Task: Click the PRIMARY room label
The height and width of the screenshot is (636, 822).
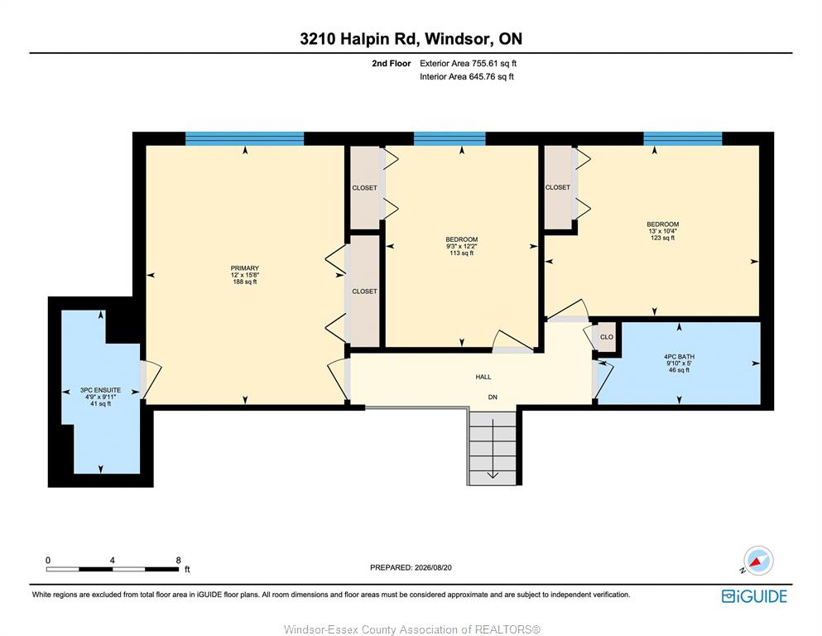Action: coord(245,268)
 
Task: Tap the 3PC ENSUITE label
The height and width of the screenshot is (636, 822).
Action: coord(101,390)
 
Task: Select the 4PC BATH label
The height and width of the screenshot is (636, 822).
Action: coord(679,357)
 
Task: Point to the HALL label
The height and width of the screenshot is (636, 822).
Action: coord(483,377)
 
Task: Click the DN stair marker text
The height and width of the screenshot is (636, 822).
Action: coord(493,397)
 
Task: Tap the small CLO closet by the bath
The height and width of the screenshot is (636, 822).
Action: coord(607,336)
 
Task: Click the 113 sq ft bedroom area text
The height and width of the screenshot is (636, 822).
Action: coord(461,253)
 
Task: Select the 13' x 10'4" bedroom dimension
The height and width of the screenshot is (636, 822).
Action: coord(662,231)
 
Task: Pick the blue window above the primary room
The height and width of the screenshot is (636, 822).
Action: coord(245,138)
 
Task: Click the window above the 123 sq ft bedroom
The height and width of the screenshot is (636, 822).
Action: coord(683,138)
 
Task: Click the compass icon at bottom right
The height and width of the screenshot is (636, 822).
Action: coord(758,561)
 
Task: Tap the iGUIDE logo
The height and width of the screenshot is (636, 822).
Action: coord(754,596)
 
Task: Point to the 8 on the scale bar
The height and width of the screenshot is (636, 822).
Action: coord(178,560)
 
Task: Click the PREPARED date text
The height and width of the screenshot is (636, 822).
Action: coord(411,567)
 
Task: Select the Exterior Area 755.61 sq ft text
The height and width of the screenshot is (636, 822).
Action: coord(469,64)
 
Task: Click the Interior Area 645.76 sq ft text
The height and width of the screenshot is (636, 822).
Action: coord(467,76)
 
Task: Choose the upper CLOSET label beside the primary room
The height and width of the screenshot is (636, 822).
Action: coord(364,188)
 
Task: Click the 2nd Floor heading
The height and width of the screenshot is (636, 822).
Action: coord(391,64)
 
